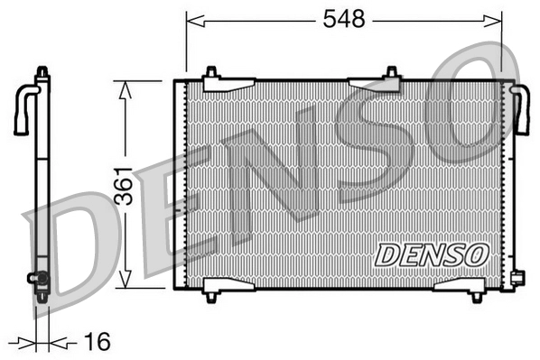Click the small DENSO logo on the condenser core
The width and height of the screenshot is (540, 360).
click(432, 255)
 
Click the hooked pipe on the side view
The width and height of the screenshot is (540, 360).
click(23, 108)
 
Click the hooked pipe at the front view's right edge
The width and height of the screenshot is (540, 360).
click(521, 108)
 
